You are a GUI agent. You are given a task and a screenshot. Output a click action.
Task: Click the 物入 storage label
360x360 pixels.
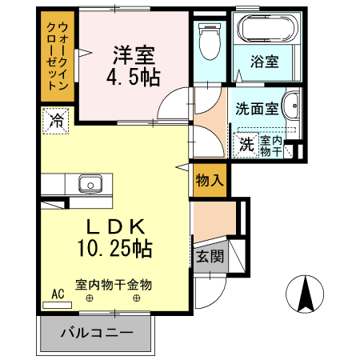[210, 181]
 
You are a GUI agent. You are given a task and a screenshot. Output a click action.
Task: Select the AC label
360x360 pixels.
[58, 294]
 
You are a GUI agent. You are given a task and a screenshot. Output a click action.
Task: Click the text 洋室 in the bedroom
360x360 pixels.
[133, 56]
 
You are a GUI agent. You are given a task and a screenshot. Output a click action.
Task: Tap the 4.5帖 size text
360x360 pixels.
[134, 78]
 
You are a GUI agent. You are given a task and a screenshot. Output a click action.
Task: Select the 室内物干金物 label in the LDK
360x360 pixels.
[114, 284]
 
